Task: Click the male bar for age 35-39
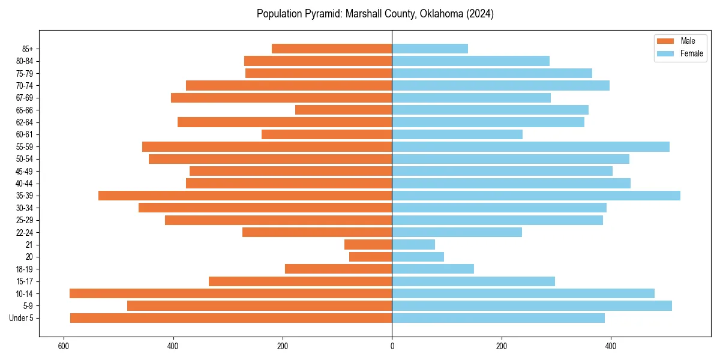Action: [245, 196]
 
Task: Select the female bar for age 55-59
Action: [530, 147]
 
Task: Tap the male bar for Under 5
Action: [231, 318]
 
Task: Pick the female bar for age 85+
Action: [430, 49]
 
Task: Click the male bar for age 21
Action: [368, 245]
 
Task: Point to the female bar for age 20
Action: [418, 257]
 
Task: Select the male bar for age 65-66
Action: [343, 110]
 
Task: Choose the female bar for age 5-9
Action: [532, 306]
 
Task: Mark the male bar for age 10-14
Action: [230, 293]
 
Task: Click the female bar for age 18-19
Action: [433, 269]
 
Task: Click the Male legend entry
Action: [688, 41]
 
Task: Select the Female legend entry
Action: [691, 53]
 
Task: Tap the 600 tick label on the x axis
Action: [63, 346]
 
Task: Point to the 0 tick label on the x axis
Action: [392, 346]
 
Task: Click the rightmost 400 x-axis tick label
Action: [611, 346]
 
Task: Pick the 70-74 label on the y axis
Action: [25, 86]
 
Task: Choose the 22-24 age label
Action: [25, 233]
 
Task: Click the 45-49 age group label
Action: [25, 172]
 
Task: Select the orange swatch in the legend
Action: [665, 41]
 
